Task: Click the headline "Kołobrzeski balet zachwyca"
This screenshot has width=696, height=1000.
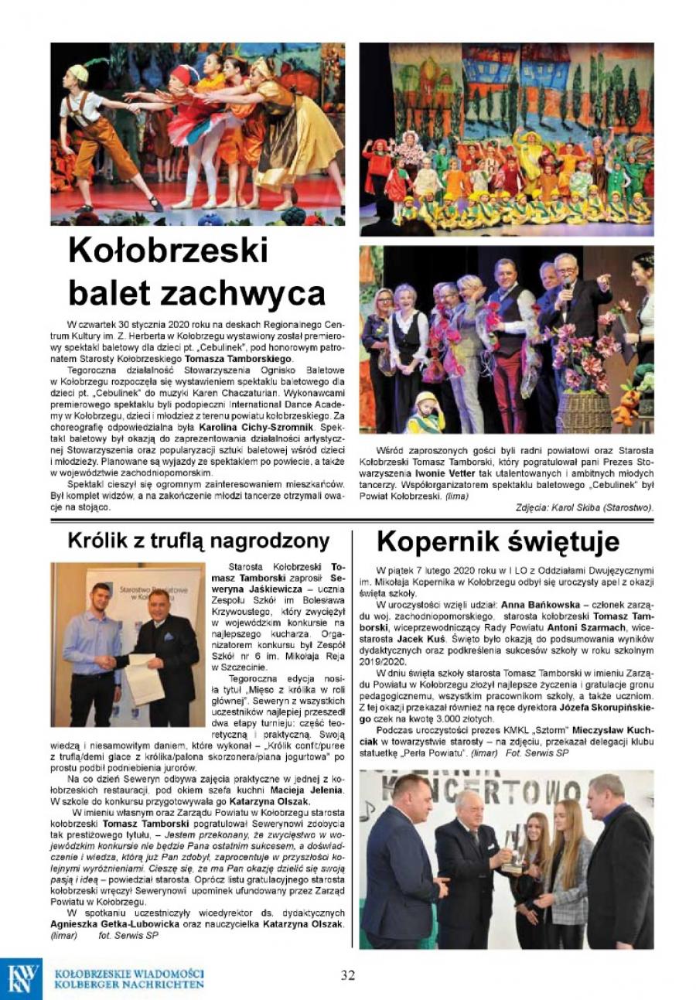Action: pyautogui.click(x=196, y=271)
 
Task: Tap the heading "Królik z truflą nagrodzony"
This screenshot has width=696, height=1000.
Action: pyautogui.click(x=198, y=541)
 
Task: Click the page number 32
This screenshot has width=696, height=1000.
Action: pyautogui.click(x=348, y=974)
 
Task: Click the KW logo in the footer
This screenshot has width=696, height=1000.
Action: pyautogui.click(x=24, y=978)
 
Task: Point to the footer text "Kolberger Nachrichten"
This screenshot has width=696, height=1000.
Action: pyautogui.click(x=130, y=985)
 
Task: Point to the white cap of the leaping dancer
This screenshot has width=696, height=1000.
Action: pyautogui.click(x=78, y=73)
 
